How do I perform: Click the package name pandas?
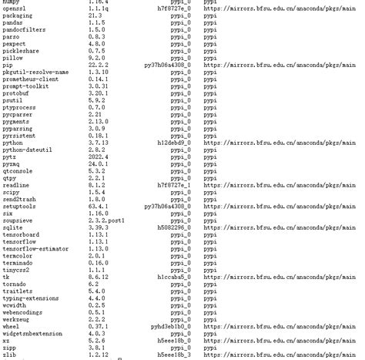(x=13, y=22)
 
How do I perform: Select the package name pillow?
(x=13, y=57)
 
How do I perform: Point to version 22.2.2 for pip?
(x=98, y=65)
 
